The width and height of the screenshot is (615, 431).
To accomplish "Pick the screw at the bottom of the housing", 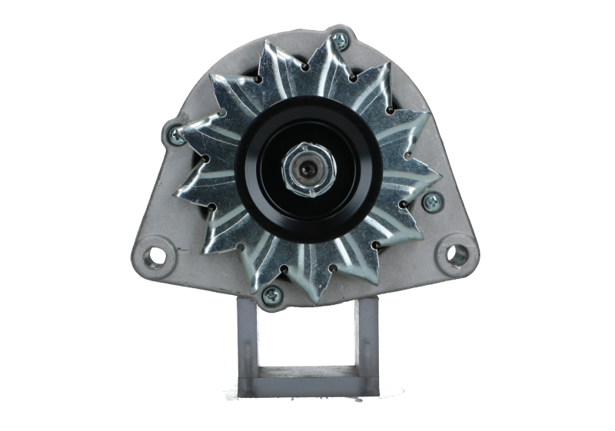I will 272,294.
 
